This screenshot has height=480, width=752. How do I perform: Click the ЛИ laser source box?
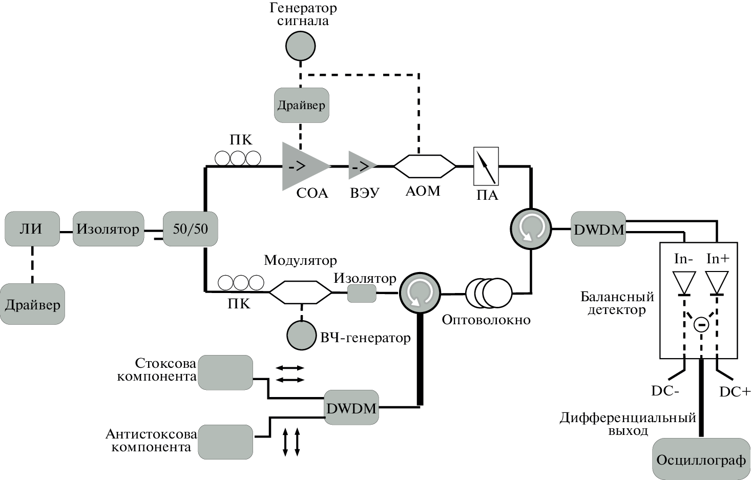pos(32,229)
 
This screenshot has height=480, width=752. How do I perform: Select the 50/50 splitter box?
pos(191,228)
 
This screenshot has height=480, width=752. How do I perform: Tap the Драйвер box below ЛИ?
pos(33,304)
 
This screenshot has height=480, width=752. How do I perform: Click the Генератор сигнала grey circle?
pos(300,46)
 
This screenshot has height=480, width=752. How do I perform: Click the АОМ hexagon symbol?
pos(424,166)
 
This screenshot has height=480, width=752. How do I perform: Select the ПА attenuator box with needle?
pos(486,166)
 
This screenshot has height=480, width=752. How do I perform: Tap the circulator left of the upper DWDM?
pos(531,228)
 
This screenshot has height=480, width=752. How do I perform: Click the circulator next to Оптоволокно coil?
pos(420,293)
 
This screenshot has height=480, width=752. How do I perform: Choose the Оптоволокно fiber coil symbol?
pos(489,293)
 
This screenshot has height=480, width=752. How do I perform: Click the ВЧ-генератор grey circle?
pos(301,335)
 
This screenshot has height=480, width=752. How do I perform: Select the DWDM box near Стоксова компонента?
pos(351,408)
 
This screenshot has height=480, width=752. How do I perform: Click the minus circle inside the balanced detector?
pos(701,324)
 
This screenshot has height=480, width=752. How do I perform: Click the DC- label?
pos(665,391)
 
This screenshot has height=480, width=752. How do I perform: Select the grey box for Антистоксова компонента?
pos(225,442)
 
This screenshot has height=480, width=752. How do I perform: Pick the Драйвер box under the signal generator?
pos(301,106)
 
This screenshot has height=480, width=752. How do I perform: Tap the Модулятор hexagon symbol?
pos(301,293)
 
